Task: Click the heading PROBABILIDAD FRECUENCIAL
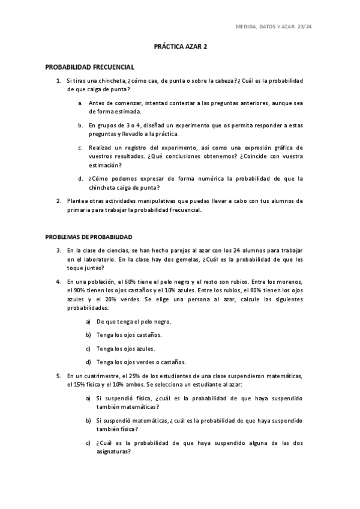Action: point(90,68)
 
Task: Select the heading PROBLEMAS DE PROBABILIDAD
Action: point(89,236)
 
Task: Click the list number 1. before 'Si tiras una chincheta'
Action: point(58,80)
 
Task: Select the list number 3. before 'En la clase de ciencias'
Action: point(58,250)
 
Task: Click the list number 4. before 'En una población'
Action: point(58,281)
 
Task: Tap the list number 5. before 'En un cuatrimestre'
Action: point(58,376)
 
